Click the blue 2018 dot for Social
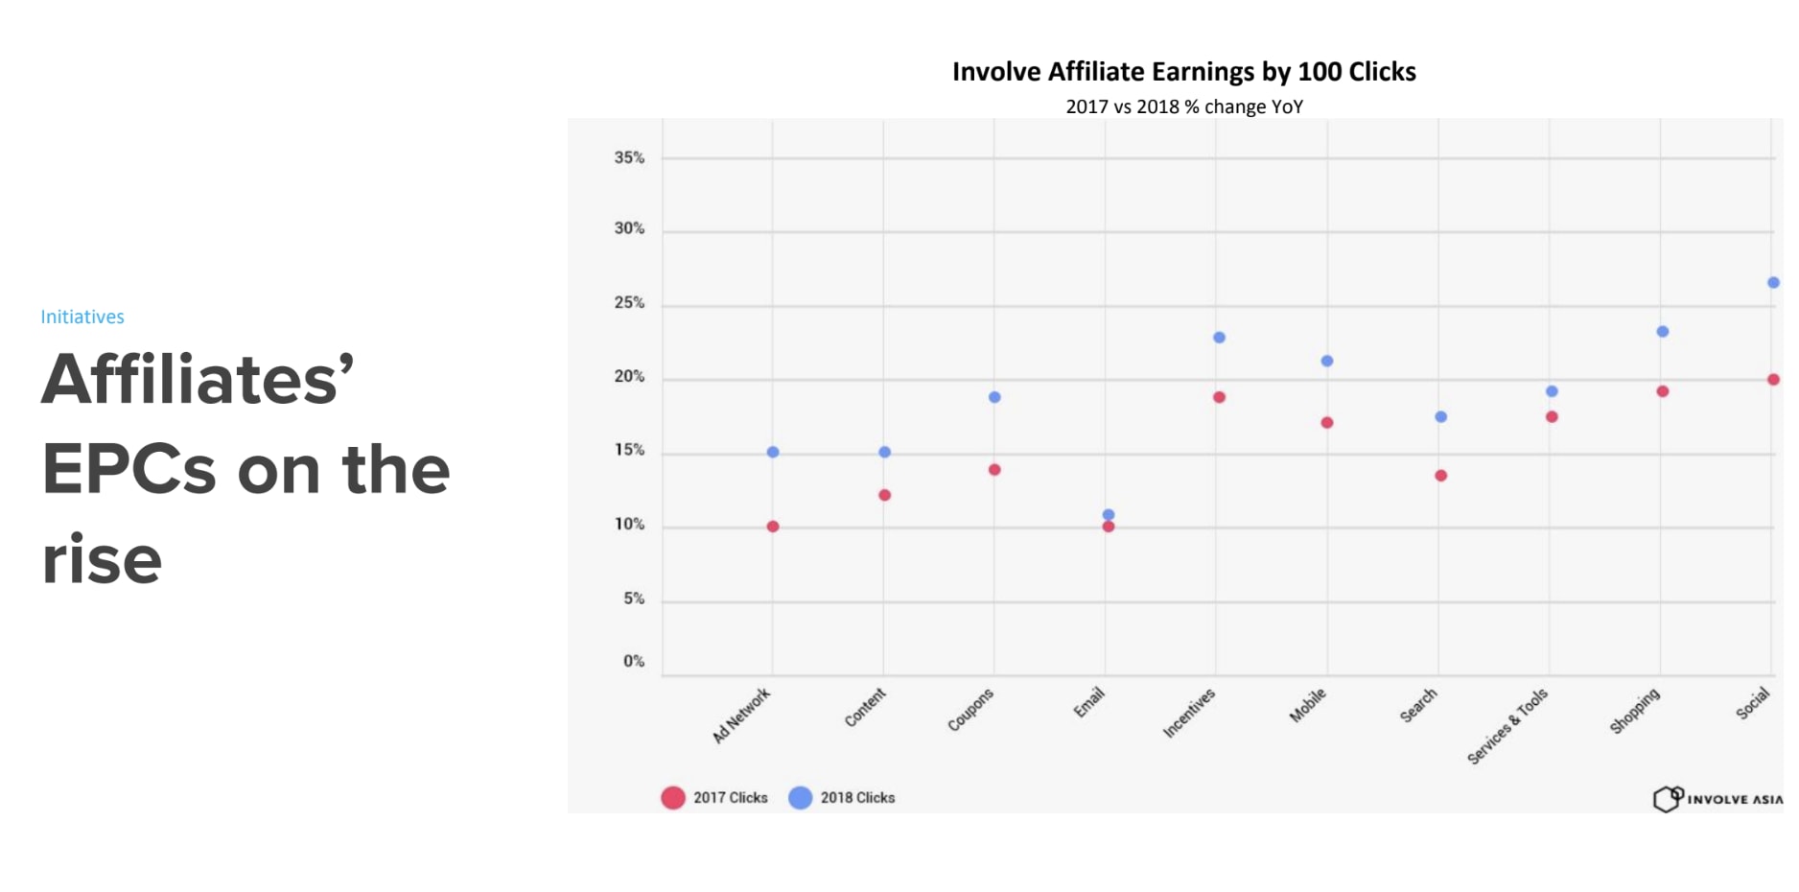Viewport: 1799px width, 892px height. pyautogui.click(x=1773, y=283)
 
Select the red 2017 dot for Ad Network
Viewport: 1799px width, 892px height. pyautogui.click(x=773, y=527)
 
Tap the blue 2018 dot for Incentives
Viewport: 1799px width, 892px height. pyautogui.click(x=1219, y=338)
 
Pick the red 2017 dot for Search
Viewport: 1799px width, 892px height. pyautogui.click(x=1440, y=476)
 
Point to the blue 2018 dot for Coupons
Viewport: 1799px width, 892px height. pyautogui.click(x=994, y=397)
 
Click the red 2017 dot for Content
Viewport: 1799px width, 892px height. pyautogui.click(x=884, y=495)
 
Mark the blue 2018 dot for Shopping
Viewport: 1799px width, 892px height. pyautogui.click(x=1663, y=332)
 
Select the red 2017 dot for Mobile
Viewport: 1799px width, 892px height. pyautogui.click(x=1327, y=423)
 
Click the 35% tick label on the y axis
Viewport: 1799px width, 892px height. pyautogui.click(x=629, y=158)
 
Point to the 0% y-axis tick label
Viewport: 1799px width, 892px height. pyautogui.click(x=634, y=661)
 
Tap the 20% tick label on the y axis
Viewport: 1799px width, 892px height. pyautogui.click(x=629, y=377)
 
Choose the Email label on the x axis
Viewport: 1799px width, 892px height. pyautogui.click(x=1089, y=702)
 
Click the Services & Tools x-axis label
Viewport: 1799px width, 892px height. pyautogui.click(x=1507, y=726)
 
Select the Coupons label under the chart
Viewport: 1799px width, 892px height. pyautogui.click(x=970, y=710)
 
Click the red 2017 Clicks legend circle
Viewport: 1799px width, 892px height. pyautogui.click(x=673, y=798)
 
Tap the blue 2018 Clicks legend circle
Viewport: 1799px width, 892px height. pyautogui.click(x=800, y=798)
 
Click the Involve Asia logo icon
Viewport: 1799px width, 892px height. pyautogui.click(x=1668, y=798)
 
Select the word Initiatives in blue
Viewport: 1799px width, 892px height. pyautogui.click(x=82, y=317)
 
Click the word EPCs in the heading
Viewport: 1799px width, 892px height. pyautogui.click(x=129, y=470)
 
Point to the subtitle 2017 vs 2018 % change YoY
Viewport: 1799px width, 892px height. pyautogui.click(x=1184, y=106)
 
